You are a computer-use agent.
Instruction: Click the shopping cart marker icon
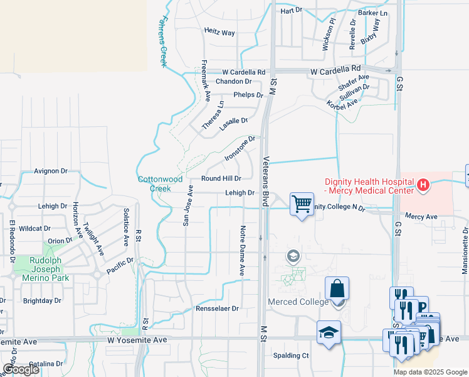coord(302,204)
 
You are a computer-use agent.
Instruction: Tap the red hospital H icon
coord(423,185)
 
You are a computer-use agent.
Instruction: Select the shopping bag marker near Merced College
coord(337,288)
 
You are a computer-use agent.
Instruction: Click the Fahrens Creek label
coord(165,41)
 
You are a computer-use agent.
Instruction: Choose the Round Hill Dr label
coord(221,178)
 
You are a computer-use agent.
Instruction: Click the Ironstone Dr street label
coord(240,148)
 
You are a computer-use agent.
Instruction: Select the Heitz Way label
coord(219,31)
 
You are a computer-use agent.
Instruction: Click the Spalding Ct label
coord(291,355)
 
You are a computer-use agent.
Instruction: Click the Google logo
coord(21,369)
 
